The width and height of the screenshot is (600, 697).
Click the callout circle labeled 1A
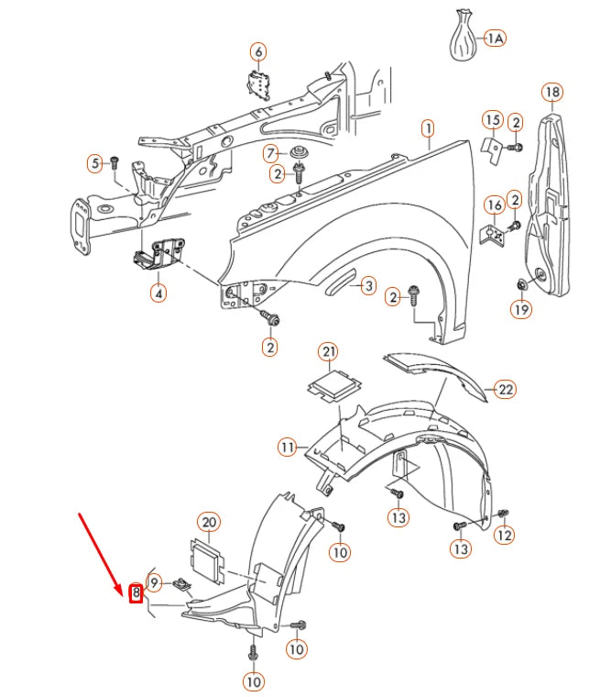[495, 39]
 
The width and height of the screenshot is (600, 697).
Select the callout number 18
[551, 92]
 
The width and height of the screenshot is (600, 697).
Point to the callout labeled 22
[506, 389]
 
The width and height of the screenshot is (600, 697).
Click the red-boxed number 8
[136, 593]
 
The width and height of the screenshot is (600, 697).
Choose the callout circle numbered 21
[328, 352]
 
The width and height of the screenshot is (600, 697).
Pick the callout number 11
[289, 448]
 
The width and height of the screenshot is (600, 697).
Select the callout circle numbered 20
[209, 522]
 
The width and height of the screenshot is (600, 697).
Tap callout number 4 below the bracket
[158, 294]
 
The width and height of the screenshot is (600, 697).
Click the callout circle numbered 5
[95, 164]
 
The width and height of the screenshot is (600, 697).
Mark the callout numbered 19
[520, 311]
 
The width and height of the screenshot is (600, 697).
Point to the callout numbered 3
[366, 286]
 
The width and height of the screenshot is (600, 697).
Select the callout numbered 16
[494, 205]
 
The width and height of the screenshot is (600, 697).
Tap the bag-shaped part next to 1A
[464, 37]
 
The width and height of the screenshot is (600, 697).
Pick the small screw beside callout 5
[115, 162]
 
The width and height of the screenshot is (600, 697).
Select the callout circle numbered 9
[154, 581]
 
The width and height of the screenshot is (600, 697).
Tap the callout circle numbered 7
[271, 152]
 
